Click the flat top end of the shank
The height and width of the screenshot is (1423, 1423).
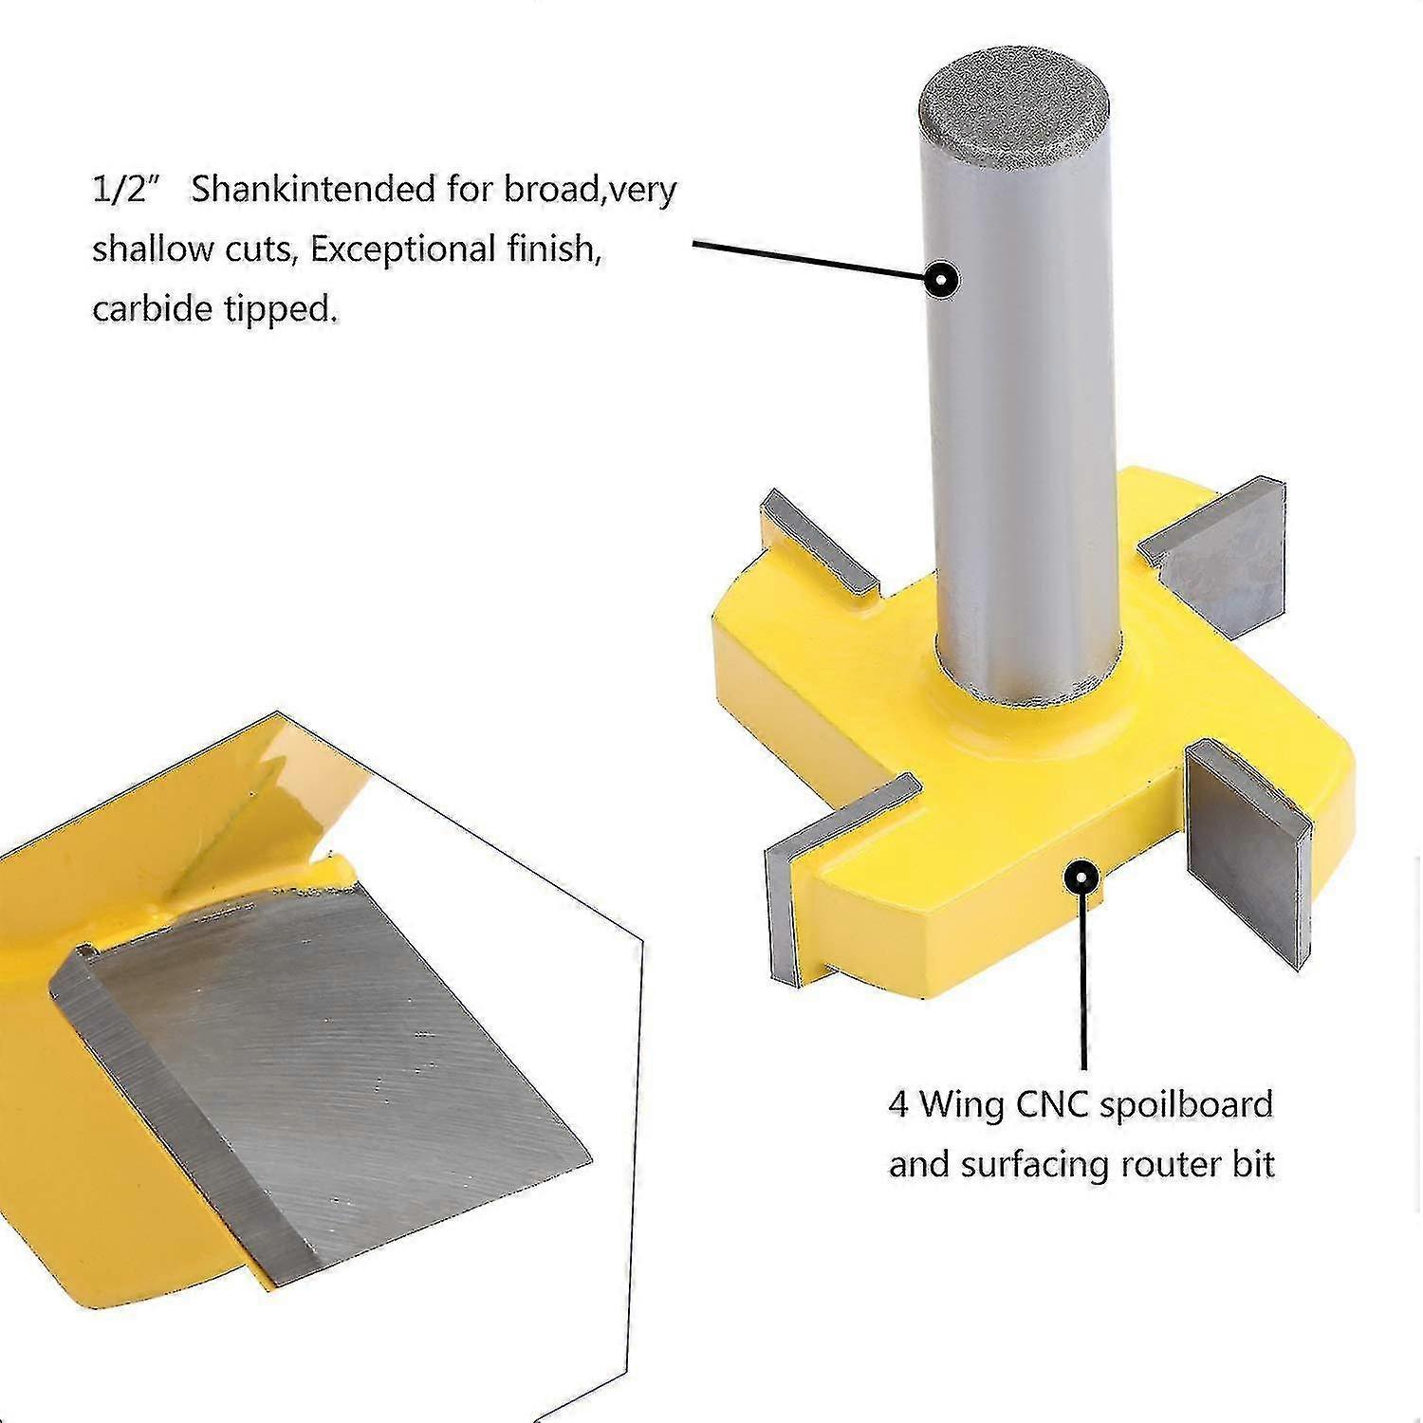[x=1018, y=108]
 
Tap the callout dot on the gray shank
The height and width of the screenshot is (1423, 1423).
[x=942, y=280]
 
